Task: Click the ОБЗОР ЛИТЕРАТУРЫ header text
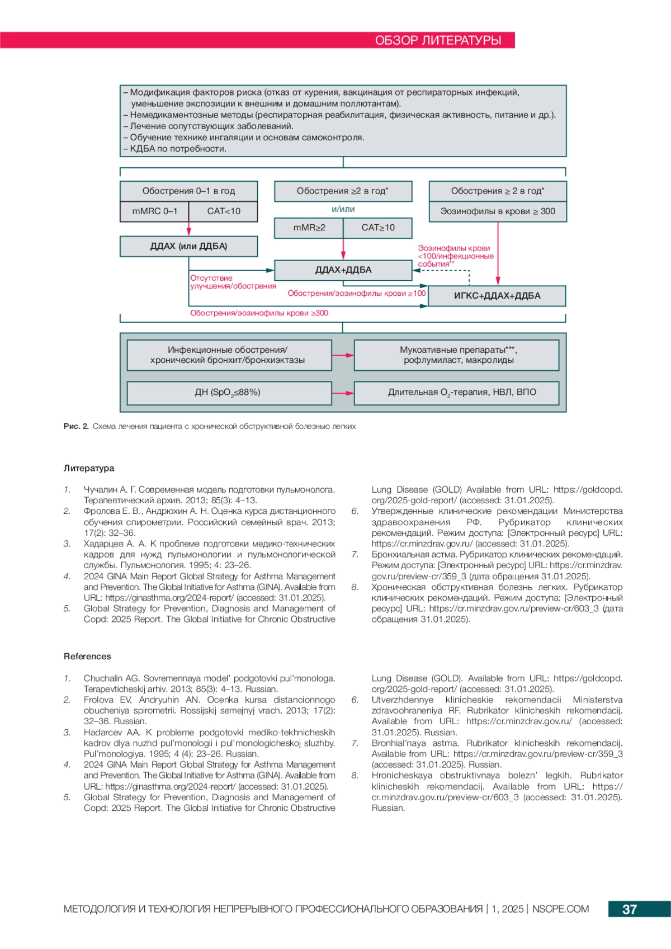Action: pyautogui.click(x=438, y=40)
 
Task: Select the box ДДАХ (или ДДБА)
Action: pyautogui.click(x=188, y=246)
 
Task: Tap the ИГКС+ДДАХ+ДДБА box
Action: pyautogui.click(x=497, y=296)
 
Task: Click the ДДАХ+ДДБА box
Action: pyautogui.click(x=343, y=270)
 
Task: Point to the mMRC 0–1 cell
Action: pyautogui.click(x=154, y=211)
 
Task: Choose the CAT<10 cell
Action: pyautogui.click(x=224, y=211)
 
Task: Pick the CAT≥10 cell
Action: pyautogui.click(x=378, y=228)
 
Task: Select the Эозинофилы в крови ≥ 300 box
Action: pyautogui.click(x=498, y=211)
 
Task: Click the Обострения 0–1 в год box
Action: pyautogui.click(x=188, y=191)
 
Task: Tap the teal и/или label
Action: pyautogui.click(x=343, y=209)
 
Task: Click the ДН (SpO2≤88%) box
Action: pyautogui.click(x=229, y=393)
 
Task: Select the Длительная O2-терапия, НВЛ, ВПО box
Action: pyautogui.click(x=456, y=393)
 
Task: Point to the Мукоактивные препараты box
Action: pyautogui.click(x=456, y=355)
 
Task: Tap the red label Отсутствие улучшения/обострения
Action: pyautogui.click(x=233, y=282)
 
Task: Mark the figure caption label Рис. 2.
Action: pyautogui.click(x=76, y=427)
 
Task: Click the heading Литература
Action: pyautogui.click(x=89, y=469)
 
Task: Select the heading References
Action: pyautogui.click(x=87, y=657)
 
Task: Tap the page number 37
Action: pyautogui.click(x=630, y=909)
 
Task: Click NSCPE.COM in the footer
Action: pyautogui.click(x=560, y=909)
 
